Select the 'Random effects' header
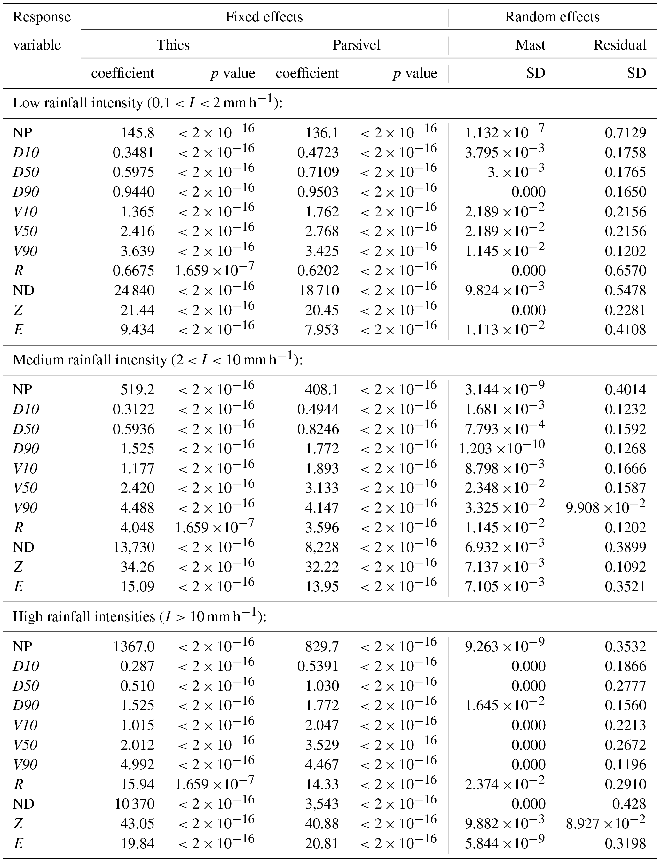coord(552,17)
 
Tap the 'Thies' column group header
coord(173,45)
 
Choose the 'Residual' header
coord(620,45)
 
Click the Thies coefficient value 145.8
coord(137,133)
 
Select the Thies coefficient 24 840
coord(135,290)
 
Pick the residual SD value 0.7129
coord(625,133)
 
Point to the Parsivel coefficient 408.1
coord(321,389)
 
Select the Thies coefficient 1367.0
coord(134,646)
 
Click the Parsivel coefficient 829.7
coord(321,646)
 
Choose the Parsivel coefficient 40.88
coord(321,823)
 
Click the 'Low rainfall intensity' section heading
coord(147,103)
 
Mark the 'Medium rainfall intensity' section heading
coord(158,360)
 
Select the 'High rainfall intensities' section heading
coord(140,616)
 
